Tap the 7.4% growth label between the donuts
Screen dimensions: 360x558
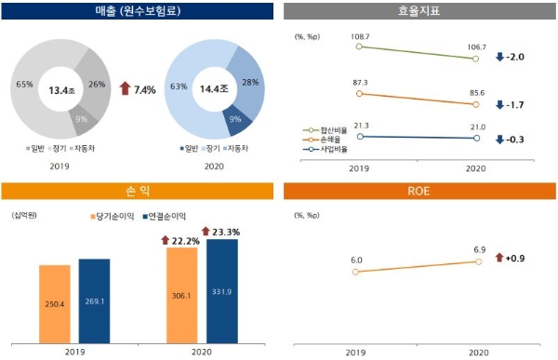coord(140,88)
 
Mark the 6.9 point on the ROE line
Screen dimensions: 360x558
coord(477,261)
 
